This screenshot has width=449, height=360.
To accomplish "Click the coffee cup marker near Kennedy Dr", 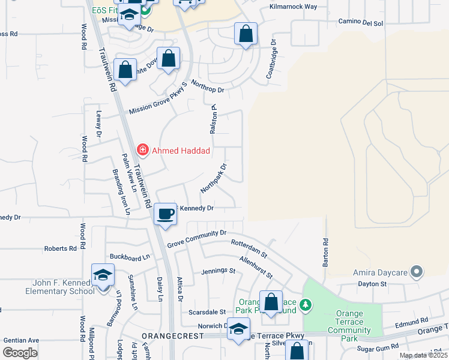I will click(x=166, y=214).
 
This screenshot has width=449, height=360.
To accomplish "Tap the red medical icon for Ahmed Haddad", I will click(x=143, y=149).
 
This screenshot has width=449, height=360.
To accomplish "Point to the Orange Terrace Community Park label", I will click(x=349, y=322).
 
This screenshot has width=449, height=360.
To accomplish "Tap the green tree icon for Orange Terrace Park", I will click(x=307, y=305).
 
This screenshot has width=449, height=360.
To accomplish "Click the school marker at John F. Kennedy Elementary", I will click(x=103, y=275).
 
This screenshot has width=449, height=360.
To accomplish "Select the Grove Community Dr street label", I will click(x=196, y=238).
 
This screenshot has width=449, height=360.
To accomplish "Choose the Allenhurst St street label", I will click(x=256, y=267).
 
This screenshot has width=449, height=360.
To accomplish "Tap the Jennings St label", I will click(x=218, y=271).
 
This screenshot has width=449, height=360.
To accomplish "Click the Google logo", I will click(x=20, y=353).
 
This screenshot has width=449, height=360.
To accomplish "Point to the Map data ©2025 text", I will click(x=423, y=355).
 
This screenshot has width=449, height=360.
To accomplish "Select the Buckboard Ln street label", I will click(x=129, y=257).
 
